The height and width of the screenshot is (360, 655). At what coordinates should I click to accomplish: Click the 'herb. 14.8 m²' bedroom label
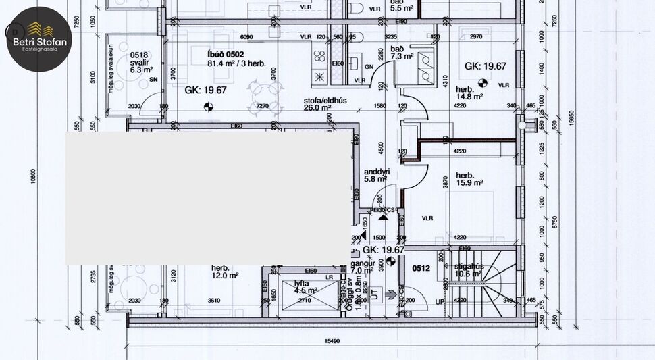point(469,93)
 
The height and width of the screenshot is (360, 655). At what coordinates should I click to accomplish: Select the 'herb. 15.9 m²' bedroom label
point(469,178)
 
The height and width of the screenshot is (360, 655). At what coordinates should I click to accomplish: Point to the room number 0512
point(421,269)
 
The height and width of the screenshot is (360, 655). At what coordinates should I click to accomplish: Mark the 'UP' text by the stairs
point(440,302)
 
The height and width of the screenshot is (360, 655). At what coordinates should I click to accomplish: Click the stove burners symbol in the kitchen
point(319,76)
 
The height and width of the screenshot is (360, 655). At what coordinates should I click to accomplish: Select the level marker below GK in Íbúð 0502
point(208,105)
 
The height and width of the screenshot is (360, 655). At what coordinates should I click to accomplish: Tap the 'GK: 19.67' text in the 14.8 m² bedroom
point(485,66)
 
